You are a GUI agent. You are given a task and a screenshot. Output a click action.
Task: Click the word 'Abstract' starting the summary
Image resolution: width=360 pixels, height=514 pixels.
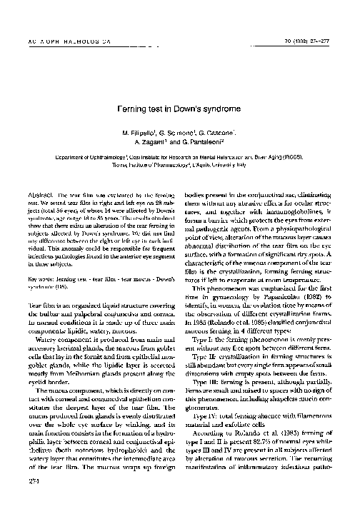[x=36, y=195]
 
